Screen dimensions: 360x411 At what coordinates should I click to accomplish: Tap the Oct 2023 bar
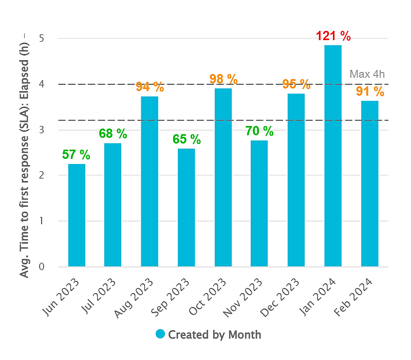tap(223, 177)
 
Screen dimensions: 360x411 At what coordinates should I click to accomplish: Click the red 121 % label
tap(333, 37)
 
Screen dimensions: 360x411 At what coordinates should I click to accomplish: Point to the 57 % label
tap(77, 154)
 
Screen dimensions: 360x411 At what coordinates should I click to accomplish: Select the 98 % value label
tap(223, 79)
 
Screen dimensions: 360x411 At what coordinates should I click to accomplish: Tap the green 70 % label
tap(259, 131)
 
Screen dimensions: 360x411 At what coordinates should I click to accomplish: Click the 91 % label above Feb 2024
tap(370, 92)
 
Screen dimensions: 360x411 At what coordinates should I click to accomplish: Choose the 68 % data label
tap(113, 134)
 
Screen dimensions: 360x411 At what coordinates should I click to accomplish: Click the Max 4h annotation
tap(367, 74)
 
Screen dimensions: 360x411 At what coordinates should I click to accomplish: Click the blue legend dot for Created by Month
tap(160, 334)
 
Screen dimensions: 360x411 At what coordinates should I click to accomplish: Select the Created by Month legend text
tap(215, 335)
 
